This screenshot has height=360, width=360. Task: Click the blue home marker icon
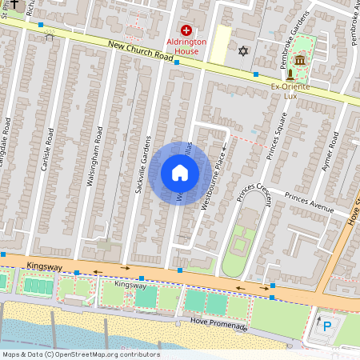coord(180,173)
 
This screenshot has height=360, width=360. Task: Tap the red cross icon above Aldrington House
coord(186,29)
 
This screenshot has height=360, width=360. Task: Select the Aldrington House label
coord(182,46)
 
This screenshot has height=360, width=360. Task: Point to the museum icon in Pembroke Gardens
coord(300,61)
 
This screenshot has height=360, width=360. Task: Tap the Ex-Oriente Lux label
coord(290,90)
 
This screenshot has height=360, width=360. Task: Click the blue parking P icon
coord(326,326)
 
